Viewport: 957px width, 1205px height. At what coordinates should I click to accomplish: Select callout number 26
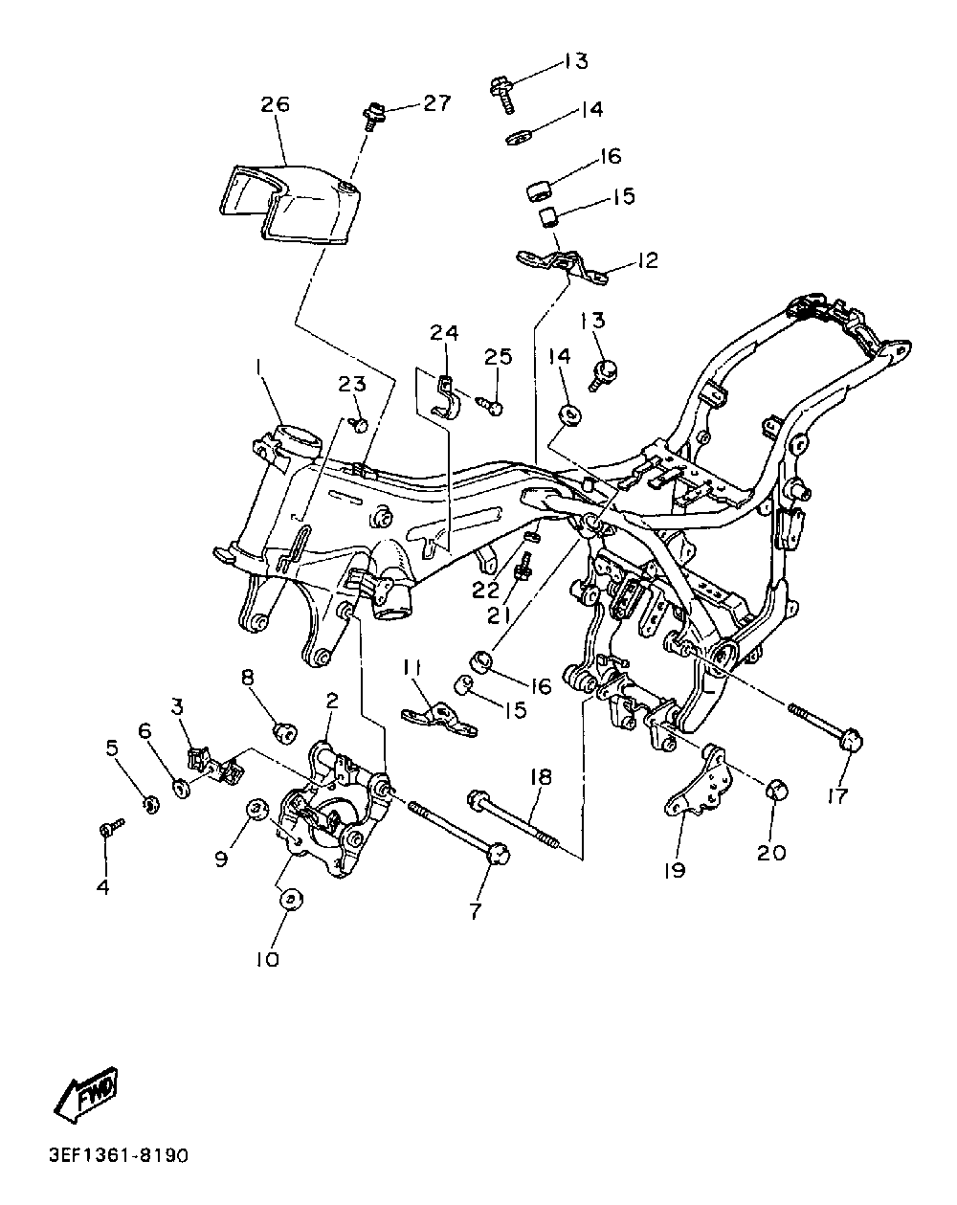click(276, 104)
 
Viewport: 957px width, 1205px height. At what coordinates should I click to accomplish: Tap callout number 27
click(436, 103)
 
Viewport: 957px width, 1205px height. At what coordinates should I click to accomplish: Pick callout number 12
click(648, 260)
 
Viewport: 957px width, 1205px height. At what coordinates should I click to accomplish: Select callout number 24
click(445, 333)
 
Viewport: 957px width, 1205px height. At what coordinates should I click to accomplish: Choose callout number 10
click(268, 960)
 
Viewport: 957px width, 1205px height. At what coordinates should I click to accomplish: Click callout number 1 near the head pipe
click(258, 368)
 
